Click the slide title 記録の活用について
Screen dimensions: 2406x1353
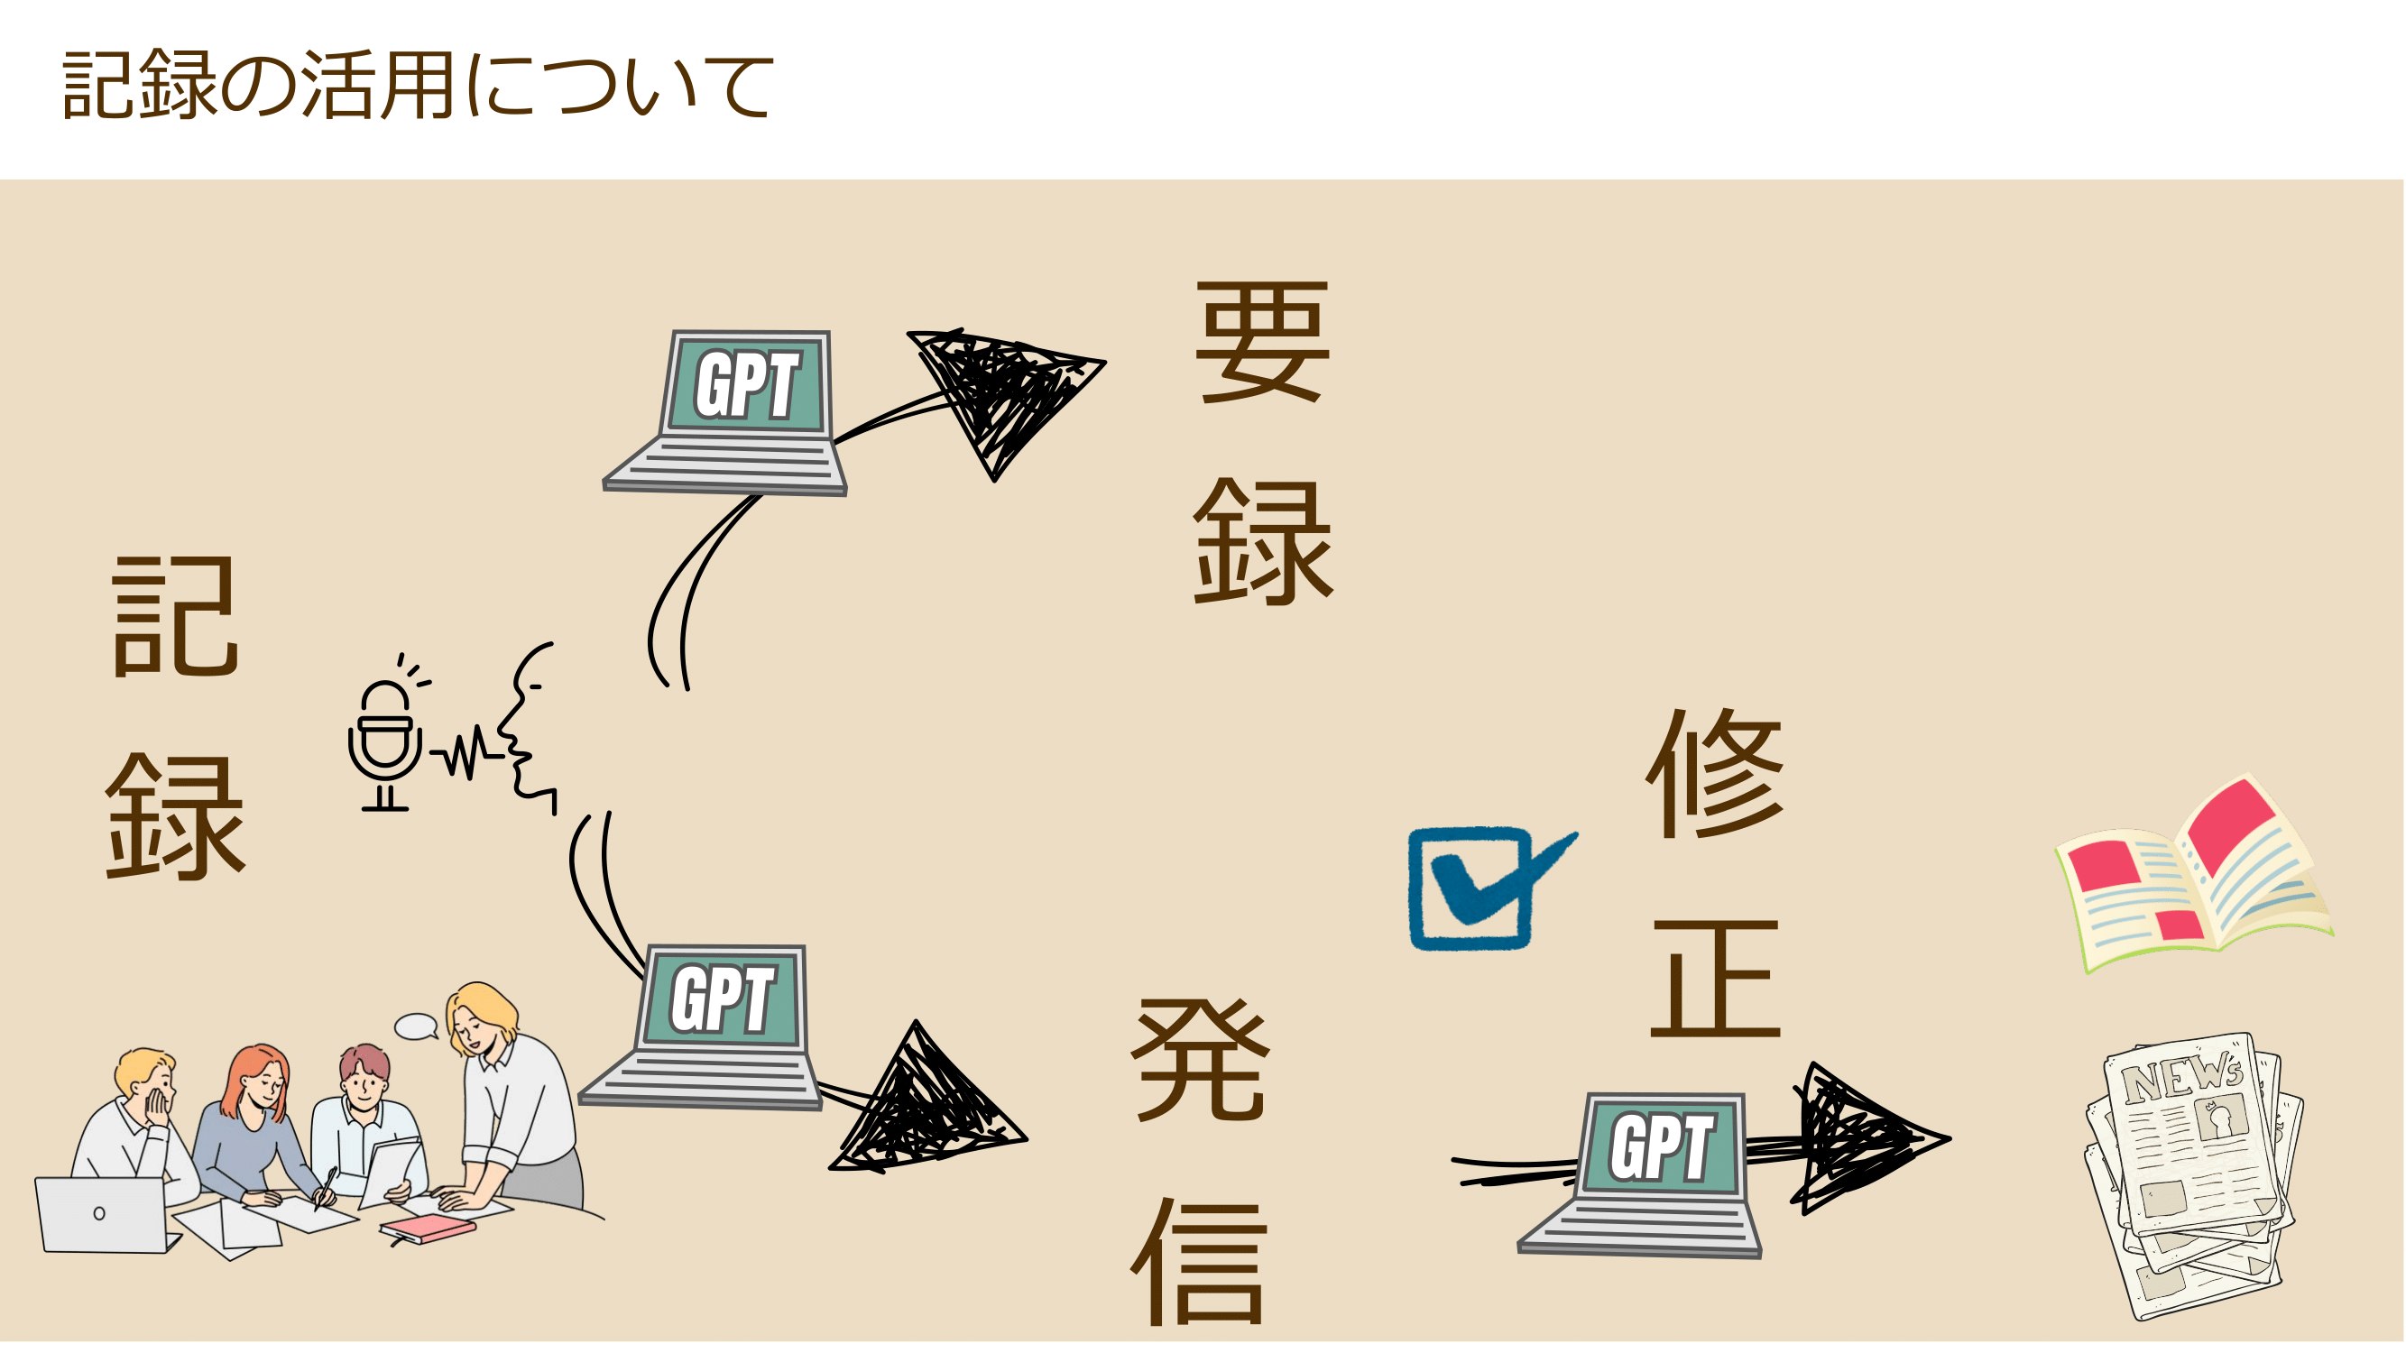(x=418, y=85)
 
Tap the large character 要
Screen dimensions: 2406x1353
(x=1262, y=342)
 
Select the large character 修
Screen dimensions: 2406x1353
(x=1715, y=774)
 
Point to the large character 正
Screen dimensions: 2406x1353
(x=1716, y=980)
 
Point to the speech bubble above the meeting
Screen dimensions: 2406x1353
(x=416, y=1027)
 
